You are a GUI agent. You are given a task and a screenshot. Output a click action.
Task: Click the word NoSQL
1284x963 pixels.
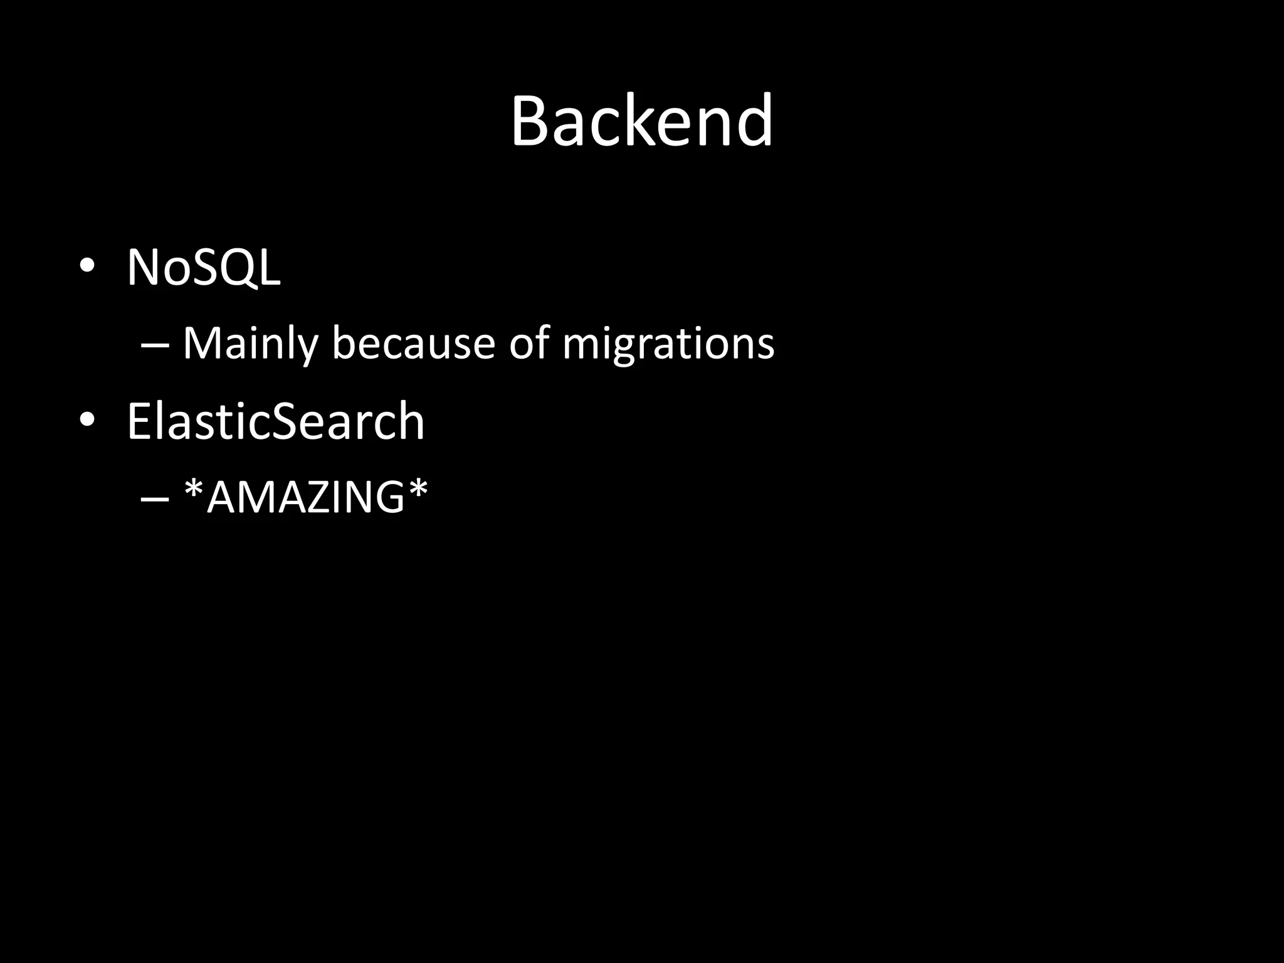pos(204,268)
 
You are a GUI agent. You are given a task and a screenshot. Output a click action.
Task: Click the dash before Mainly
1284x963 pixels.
pos(155,345)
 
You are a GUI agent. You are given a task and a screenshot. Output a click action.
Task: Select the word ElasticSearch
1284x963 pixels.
pos(276,421)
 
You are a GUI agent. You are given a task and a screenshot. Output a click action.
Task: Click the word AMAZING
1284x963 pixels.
pos(305,498)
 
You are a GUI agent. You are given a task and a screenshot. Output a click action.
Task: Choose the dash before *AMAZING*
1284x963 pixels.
pos(155,499)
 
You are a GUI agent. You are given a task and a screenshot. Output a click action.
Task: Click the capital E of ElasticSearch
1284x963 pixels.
pos(139,421)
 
